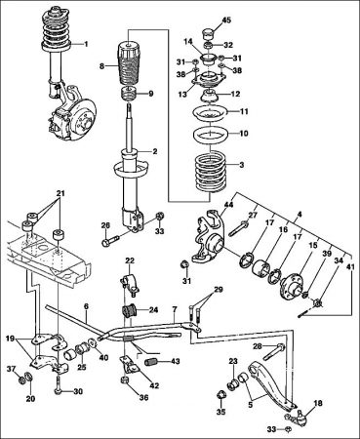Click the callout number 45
(x=226, y=20)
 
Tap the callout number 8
(x=101, y=66)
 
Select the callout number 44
(x=228, y=205)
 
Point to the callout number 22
(x=130, y=260)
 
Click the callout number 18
(x=318, y=403)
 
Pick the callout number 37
(x=12, y=368)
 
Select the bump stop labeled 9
(x=130, y=95)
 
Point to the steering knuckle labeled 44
(x=209, y=237)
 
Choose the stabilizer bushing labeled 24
(x=130, y=311)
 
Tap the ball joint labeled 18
(x=300, y=418)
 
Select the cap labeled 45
(x=209, y=32)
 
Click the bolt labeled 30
(x=58, y=385)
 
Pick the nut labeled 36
(x=125, y=380)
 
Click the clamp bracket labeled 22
(x=130, y=285)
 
